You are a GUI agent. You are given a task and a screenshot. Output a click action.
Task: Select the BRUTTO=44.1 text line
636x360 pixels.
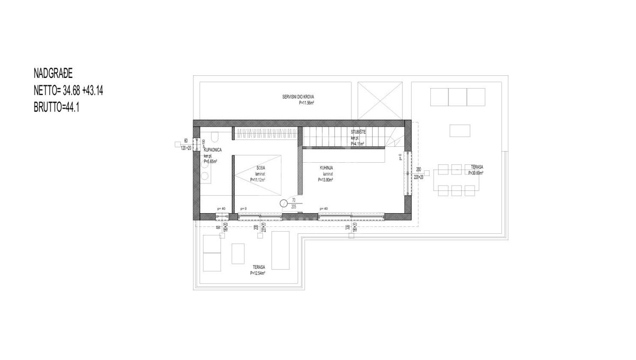point(56,107)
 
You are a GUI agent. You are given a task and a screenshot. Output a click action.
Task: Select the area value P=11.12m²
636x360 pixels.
point(258,180)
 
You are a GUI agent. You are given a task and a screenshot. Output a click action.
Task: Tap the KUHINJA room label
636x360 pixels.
point(326,168)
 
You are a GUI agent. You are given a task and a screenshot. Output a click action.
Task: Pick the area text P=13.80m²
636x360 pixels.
point(328,180)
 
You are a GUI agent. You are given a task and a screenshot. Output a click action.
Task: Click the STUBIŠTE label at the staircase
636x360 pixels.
point(359,131)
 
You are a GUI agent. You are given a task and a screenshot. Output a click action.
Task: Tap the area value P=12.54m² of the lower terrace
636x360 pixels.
point(258,274)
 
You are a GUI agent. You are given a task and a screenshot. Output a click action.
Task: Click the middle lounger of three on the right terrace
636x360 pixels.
point(457,97)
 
